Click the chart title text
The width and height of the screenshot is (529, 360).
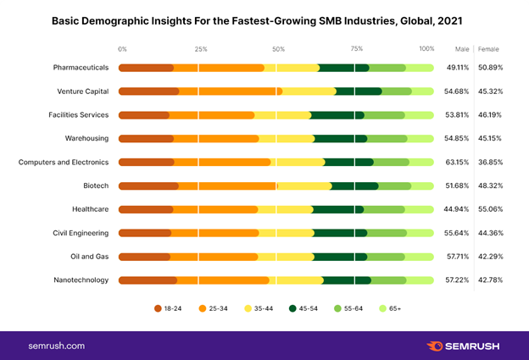point(264,19)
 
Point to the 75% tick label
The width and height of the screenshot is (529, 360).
point(357,48)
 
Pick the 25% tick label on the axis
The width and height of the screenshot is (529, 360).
point(200,48)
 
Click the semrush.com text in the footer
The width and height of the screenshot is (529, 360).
point(56,346)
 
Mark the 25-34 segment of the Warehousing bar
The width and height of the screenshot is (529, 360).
point(216,138)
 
